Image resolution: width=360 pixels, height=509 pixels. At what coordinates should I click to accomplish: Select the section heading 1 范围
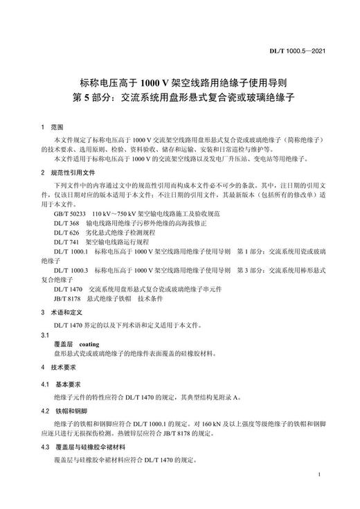[x=52, y=128]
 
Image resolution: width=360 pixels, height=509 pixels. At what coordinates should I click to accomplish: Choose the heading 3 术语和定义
[x=62, y=312]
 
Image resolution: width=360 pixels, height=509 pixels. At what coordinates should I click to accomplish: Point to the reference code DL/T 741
[x=66, y=244]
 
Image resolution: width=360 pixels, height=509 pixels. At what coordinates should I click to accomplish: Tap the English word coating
[x=90, y=343]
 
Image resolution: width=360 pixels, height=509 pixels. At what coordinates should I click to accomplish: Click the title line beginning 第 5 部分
[x=179, y=98]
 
